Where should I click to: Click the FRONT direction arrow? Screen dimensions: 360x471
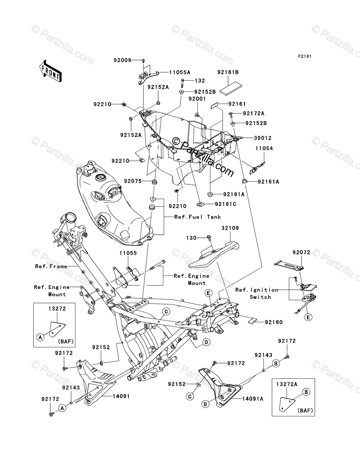tap(50, 71)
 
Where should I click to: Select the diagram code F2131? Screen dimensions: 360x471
tap(305, 56)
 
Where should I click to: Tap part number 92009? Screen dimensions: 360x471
tap(122, 60)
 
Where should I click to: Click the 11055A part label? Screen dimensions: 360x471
tap(179, 72)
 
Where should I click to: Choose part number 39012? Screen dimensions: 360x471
tap(263, 138)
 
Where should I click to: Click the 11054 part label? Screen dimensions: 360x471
tap(264, 148)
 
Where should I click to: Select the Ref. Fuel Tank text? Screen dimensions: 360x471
tap(197, 217)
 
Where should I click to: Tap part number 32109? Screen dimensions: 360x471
tap(230, 228)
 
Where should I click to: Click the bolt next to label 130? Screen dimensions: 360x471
tap(209, 237)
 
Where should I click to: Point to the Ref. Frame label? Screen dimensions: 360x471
tap(51, 266)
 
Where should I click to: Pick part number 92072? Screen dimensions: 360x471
tap(302, 252)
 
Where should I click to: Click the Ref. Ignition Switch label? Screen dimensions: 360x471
tap(257, 293)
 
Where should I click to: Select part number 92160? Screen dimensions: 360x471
tap(274, 328)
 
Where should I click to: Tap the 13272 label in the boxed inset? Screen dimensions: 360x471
tap(57, 309)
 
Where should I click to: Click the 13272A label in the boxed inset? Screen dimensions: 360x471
tap(287, 384)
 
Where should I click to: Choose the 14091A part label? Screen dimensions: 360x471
tap(253, 399)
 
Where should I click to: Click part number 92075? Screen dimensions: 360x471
tap(133, 181)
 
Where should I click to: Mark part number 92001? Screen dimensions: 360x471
tap(197, 99)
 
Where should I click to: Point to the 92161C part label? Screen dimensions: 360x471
tap(225, 204)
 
